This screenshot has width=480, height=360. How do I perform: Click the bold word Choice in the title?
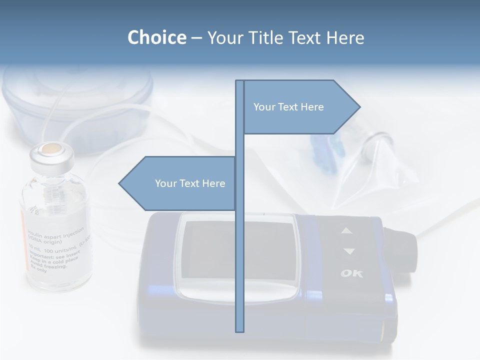click(156, 37)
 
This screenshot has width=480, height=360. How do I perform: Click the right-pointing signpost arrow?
click(300, 107)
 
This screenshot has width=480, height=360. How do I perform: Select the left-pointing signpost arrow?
click(177, 183)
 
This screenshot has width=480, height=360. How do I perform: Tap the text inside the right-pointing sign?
click(288, 107)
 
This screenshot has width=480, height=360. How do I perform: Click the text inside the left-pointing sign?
click(190, 183)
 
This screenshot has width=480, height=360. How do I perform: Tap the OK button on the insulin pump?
click(352, 273)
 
